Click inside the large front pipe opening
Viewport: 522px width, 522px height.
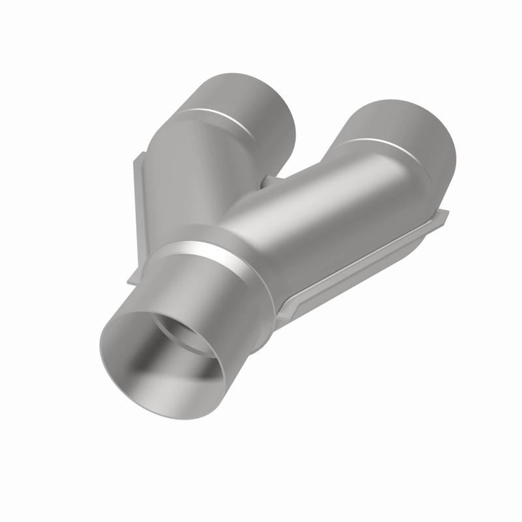pyautogui.click(x=166, y=365)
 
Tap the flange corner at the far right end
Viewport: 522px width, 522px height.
pyautogui.click(x=444, y=215)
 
